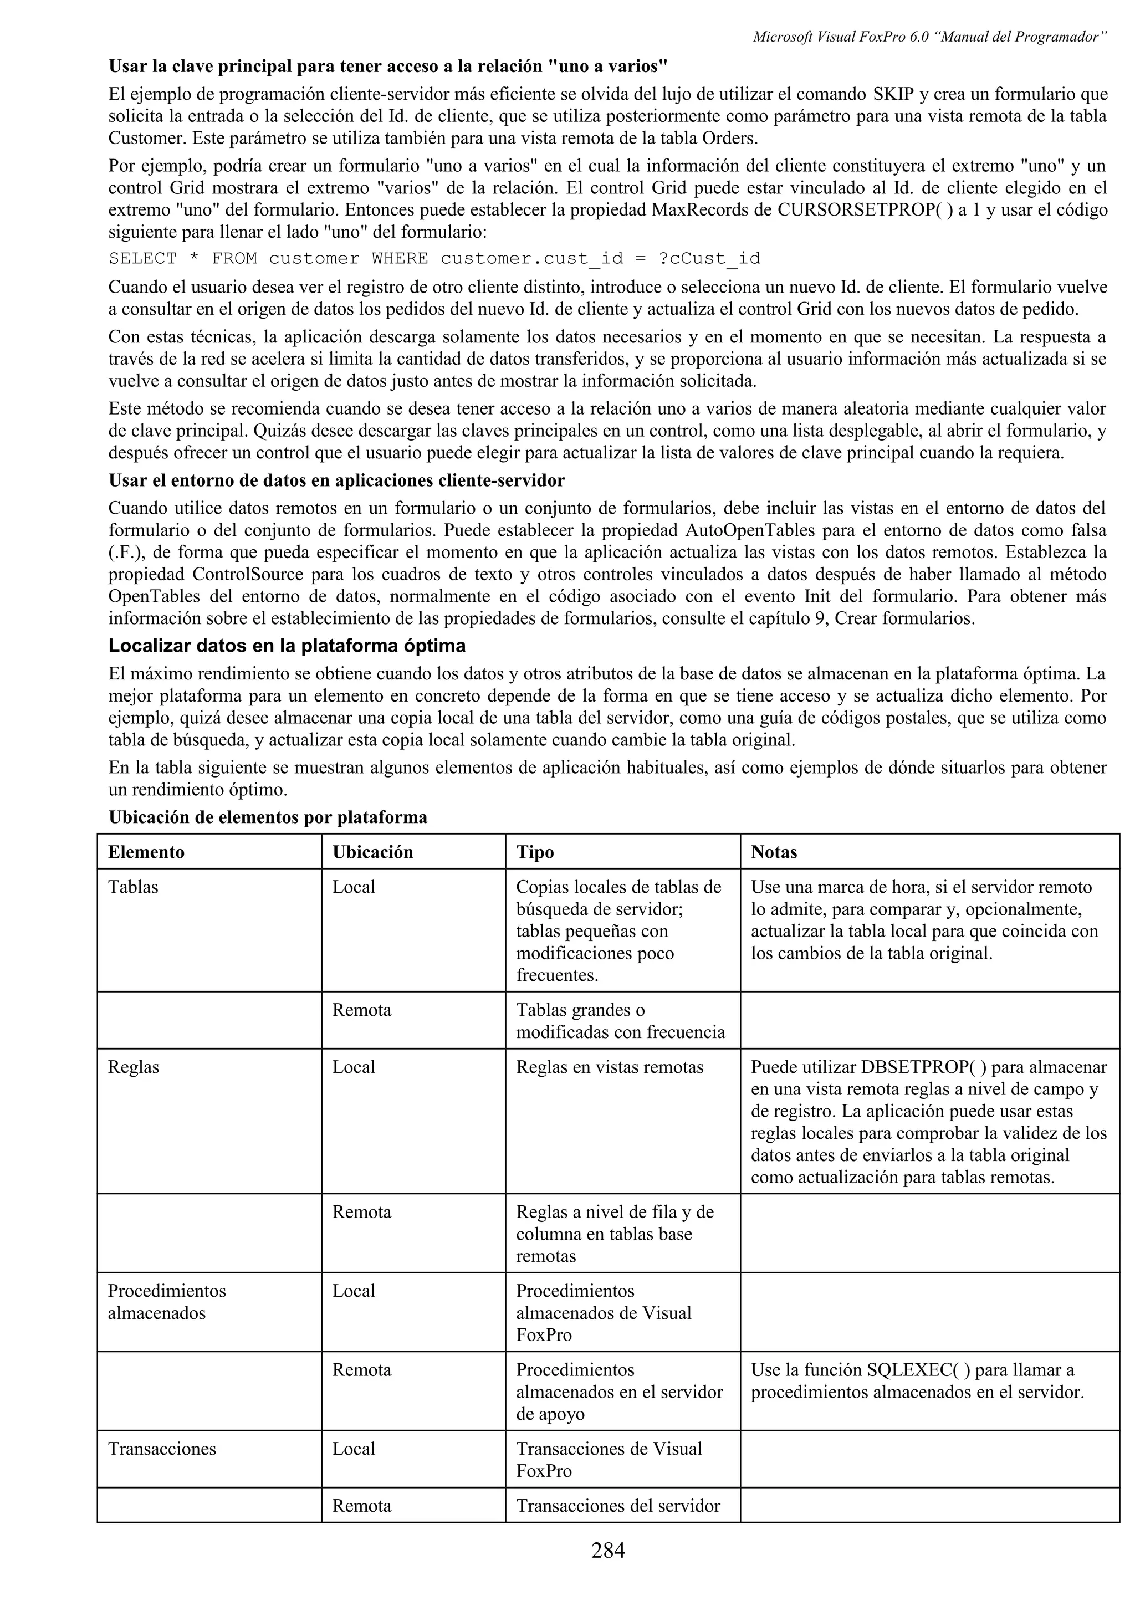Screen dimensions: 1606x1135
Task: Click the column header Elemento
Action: [146, 851]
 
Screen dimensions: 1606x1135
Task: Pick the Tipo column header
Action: [535, 851]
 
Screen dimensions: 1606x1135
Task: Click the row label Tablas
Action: [133, 886]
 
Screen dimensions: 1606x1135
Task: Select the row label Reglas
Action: [133, 1067]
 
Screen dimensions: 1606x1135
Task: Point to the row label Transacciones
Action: [161, 1448]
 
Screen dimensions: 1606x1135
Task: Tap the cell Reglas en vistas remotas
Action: [609, 1067]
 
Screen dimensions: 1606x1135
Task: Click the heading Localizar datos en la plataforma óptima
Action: [287, 645]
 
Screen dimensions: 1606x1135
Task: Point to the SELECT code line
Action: [433, 258]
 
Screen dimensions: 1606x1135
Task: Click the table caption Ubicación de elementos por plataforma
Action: [267, 816]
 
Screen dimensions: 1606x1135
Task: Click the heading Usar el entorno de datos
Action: [336, 480]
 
